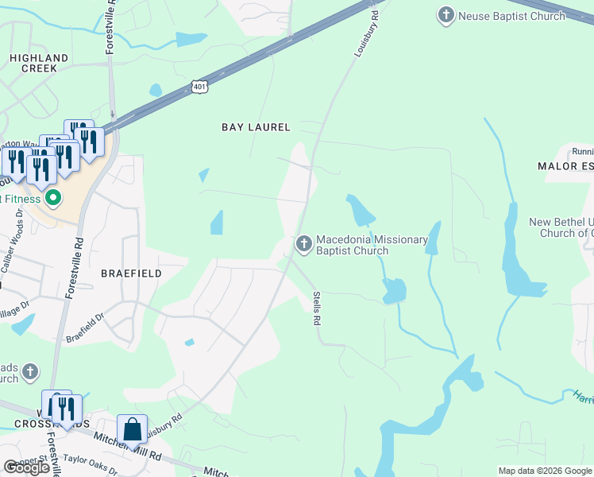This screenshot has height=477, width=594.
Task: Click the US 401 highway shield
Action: click(x=199, y=87)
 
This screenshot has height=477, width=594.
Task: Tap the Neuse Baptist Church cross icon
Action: click(x=446, y=14)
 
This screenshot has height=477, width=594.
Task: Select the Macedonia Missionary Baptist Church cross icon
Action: click(x=303, y=244)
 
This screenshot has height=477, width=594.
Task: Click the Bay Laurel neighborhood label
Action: click(x=256, y=127)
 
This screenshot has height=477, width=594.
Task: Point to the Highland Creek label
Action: click(x=39, y=63)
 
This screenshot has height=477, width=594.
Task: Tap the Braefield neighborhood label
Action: click(x=131, y=273)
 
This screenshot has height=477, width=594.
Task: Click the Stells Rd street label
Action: click(x=315, y=309)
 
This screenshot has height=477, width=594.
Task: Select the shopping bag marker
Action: click(x=132, y=429)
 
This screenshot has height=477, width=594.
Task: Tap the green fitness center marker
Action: click(x=53, y=198)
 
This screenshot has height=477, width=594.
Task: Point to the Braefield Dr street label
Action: click(x=85, y=328)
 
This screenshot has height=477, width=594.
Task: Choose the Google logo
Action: click(x=27, y=467)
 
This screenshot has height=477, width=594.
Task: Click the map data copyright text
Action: click(x=545, y=471)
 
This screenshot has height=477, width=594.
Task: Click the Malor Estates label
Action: click(x=565, y=166)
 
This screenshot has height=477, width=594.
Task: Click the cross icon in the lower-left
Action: click(x=29, y=371)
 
